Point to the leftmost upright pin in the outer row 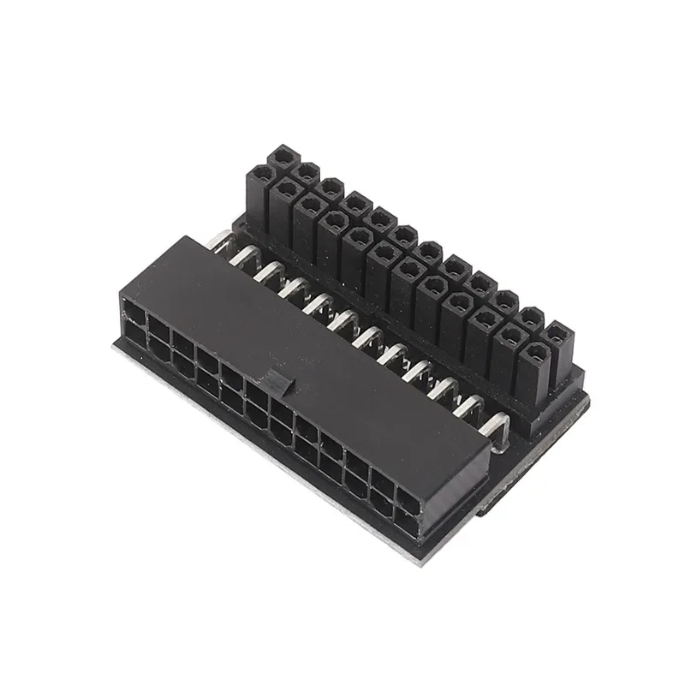click(281, 159)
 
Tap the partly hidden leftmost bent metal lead click(220, 237)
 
